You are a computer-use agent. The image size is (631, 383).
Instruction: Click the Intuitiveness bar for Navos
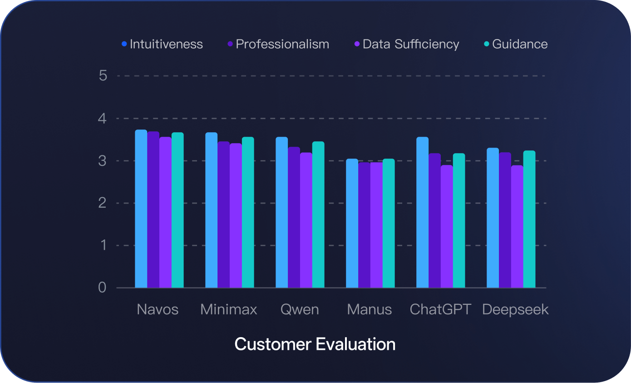tap(141, 209)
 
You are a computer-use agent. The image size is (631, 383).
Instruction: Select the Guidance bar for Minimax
tap(248, 213)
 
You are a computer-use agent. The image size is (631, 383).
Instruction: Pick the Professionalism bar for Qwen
tap(294, 218)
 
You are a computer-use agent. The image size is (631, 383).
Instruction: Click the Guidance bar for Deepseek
tap(529, 219)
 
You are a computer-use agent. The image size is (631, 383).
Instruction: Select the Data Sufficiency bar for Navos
tap(165, 213)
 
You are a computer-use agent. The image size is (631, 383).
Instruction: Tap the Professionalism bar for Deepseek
tap(505, 220)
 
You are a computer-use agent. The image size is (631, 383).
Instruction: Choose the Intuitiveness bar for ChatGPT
tap(422, 213)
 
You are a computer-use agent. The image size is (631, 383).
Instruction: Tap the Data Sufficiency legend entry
tap(407, 44)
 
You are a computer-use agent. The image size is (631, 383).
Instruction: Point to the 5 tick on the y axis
tap(103, 75)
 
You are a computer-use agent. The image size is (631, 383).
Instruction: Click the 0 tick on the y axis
tap(103, 288)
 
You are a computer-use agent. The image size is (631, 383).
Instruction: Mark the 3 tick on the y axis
tap(103, 161)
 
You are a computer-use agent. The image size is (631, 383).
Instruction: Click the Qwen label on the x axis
tap(300, 310)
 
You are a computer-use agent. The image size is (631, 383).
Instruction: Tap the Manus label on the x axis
tap(370, 310)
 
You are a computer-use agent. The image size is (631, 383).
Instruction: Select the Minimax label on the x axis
tap(229, 310)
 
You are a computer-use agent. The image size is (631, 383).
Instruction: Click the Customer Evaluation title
tap(315, 344)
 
